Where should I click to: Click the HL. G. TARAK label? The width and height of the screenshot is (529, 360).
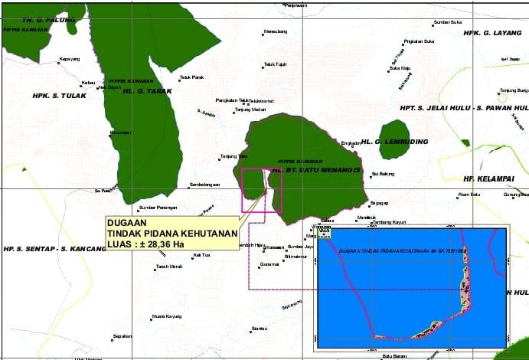pyautogui.click(x=148, y=91)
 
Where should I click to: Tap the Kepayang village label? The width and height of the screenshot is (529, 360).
pyautogui.click(x=70, y=60)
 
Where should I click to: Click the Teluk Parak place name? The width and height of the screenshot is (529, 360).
pyautogui.click(x=191, y=77)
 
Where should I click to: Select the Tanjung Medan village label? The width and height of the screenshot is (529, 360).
pyautogui.click(x=250, y=110)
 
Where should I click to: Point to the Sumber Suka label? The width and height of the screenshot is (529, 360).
pyautogui.click(x=448, y=22)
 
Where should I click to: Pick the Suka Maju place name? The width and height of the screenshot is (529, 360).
pyautogui.click(x=400, y=68)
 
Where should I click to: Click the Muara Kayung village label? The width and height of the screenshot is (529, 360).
pyautogui.click(x=166, y=316)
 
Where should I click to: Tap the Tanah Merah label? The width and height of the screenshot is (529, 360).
pyautogui.click(x=169, y=267)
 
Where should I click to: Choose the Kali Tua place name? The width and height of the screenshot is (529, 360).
pyautogui.click(x=201, y=254)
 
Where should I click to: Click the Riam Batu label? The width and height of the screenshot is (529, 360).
pyautogui.click(x=469, y=195)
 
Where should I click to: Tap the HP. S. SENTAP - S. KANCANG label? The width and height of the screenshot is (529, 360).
pyautogui.click(x=54, y=249)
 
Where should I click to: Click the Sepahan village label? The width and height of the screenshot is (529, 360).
pyautogui.click(x=123, y=336)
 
